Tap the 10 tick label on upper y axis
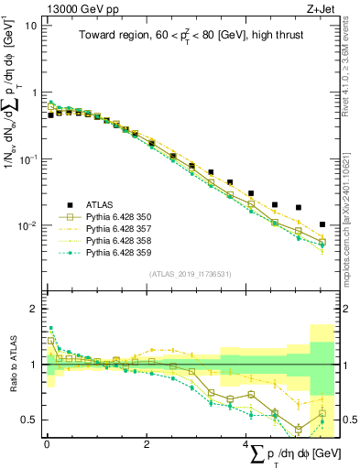tap(29, 26)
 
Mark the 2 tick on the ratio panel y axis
tap(32, 309)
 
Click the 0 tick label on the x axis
tap(47, 443)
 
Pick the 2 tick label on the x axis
tap(147, 443)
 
